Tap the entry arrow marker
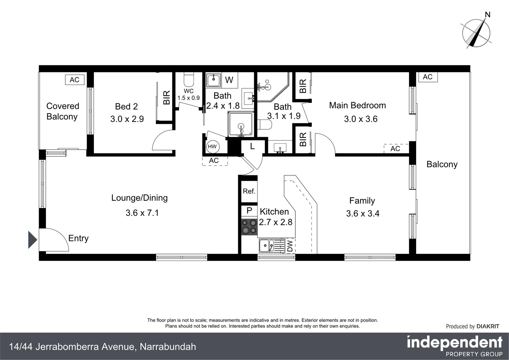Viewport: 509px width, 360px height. coord(32,240)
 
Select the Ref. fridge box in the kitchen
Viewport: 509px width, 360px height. coord(249,191)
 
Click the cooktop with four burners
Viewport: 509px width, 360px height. coord(249,227)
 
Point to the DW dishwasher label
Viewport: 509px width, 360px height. coord(290,246)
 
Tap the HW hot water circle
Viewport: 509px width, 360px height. coord(212,147)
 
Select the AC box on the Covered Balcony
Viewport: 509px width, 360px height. coord(75,80)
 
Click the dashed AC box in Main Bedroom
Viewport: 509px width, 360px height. coord(395,149)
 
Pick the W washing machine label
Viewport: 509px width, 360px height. coord(229,80)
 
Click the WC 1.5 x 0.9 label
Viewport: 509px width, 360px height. coord(189,94)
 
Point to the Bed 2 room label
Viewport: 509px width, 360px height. coord(126,106)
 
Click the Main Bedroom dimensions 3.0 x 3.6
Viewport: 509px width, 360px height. coord(360,119)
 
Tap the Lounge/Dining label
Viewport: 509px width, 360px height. coord(139,198)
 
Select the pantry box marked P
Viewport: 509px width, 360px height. coord(249,211)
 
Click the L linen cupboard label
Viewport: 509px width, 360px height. coord(253,146)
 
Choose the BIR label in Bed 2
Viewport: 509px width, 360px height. coord(167,97)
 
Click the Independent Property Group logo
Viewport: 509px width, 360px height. coord(454,346)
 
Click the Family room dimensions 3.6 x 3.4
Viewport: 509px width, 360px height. coord(363,213)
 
